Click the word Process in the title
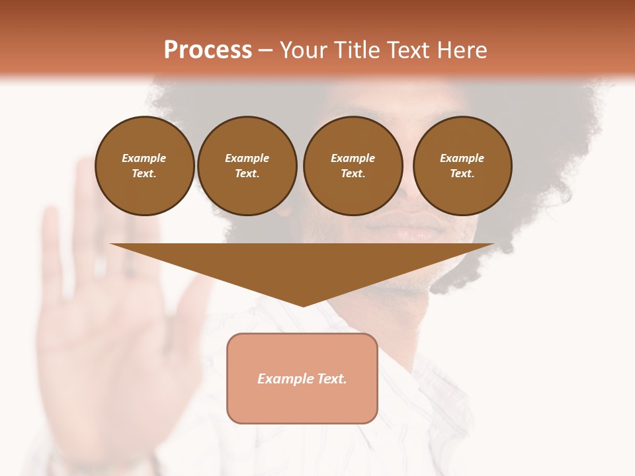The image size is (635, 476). (208, 50)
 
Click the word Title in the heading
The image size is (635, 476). (355, 50)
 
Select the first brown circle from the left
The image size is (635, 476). (145, 166)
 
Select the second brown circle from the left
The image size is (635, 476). (247, 166)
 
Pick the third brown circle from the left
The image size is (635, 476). (353, 166)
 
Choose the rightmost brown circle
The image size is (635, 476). (462, 166)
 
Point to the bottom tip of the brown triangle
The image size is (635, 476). (303, 305)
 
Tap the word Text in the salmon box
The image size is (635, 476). (331, 379)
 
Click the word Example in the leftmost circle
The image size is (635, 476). (144, 158)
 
